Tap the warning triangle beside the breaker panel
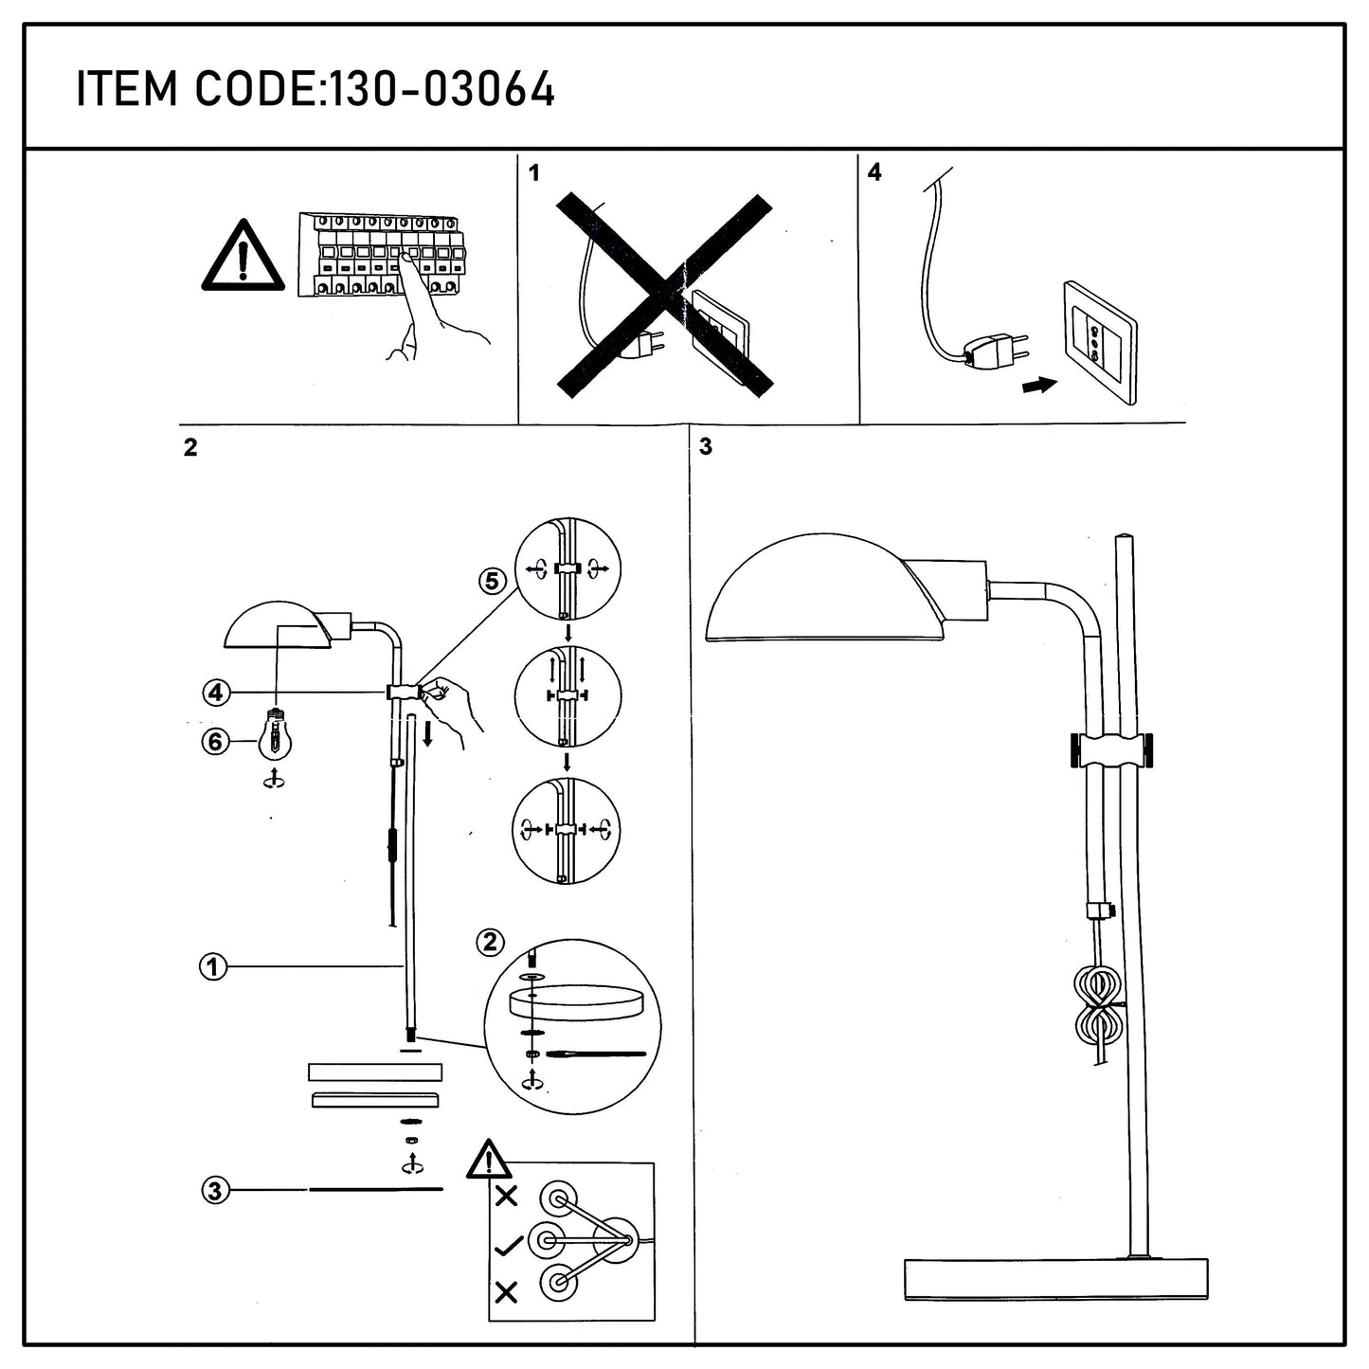click(x=243, y=256)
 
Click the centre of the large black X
click(x=664, y=295)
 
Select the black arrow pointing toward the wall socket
click(x=1039, y=386)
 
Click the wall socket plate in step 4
click(x=1100, y=342)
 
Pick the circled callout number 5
click(x=492, y=581)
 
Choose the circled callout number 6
click(x=214, y=743)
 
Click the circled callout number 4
click(x=216, y=692)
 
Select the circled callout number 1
click(x=213, y=967)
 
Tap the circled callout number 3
click(x=216, y=1190)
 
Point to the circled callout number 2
click(x=490, y=943)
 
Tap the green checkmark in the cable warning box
click(x=508, y=1245)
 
